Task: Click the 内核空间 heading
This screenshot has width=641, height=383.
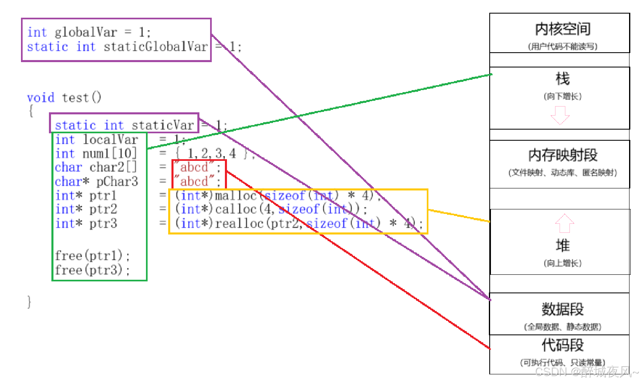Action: point(562,29)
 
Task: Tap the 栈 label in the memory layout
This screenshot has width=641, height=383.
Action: point(562,79)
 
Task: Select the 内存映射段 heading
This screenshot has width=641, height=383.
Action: point(562,155)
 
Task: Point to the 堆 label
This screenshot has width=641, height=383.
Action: point(562,246)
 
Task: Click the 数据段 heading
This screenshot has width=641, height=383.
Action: point(562,309)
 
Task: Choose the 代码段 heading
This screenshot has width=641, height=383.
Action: point(562,345)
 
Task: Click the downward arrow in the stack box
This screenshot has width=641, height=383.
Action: point(560,115)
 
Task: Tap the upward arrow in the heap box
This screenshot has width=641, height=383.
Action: point(564,223)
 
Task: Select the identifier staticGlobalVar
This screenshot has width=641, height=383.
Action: point(155,47)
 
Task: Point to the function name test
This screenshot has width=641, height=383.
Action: point(75,98)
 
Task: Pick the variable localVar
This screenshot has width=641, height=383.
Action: point(110,140)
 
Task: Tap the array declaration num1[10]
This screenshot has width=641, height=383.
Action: point(109,154)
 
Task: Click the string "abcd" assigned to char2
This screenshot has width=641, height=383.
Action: point(194,167)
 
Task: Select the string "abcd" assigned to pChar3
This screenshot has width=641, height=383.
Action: point(194,181)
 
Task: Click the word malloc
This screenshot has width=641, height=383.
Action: point(236,196)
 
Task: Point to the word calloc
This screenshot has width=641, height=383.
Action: point(236,209)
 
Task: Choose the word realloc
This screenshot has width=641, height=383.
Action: point(239,224)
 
